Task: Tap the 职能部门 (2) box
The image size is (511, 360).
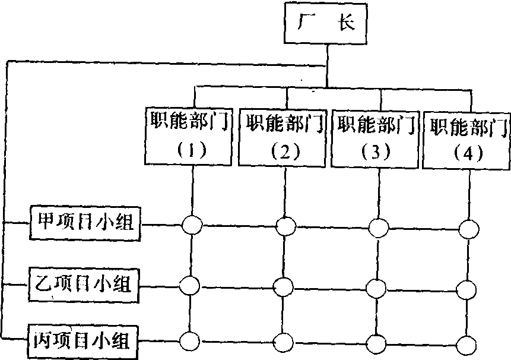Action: [x=284, y=136]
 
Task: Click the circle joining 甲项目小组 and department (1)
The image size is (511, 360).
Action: [x=192, y=225]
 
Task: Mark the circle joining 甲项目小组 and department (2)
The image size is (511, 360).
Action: [x=286, y=226]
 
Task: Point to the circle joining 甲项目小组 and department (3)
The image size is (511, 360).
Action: [x=377, y=227]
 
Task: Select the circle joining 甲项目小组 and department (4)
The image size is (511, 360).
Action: [x=469, y=228]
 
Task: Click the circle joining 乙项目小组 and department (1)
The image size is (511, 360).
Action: [x=191, y=285]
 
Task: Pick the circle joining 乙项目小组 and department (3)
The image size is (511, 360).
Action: [x=376, y=288]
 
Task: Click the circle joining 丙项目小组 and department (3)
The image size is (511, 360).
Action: [x=376, y=344]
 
